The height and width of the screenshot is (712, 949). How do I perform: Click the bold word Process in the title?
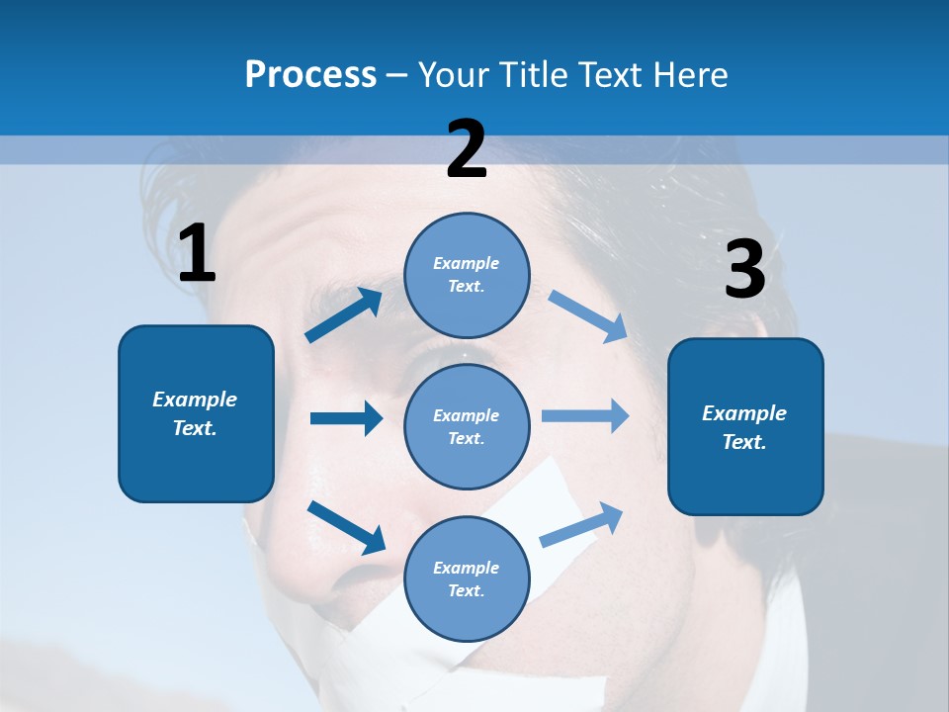coord(310,75)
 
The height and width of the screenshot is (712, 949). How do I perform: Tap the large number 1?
coord(197,253)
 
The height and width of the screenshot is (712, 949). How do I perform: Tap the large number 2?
coord(467,149)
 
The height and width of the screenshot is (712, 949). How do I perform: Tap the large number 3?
coord(744,269)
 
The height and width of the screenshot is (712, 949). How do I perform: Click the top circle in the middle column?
coord(467,275)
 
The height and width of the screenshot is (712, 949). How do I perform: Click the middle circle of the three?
coord(467,426)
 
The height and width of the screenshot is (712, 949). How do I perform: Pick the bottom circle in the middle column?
coord(467,578)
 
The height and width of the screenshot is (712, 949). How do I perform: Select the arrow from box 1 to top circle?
coord(343,315)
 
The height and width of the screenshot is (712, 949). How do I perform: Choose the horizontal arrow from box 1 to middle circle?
coord(346,418)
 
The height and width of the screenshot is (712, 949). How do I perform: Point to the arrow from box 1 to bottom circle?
coord(346,527)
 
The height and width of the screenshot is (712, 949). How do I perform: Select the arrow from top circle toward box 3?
coord(587,316)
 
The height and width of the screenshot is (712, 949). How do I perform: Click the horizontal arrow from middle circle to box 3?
coord(585,415)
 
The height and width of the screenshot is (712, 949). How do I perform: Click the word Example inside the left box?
coord(195,400)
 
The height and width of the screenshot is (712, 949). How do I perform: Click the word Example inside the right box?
coord(744,413)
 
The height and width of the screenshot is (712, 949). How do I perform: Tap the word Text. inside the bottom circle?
coord(466,590)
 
